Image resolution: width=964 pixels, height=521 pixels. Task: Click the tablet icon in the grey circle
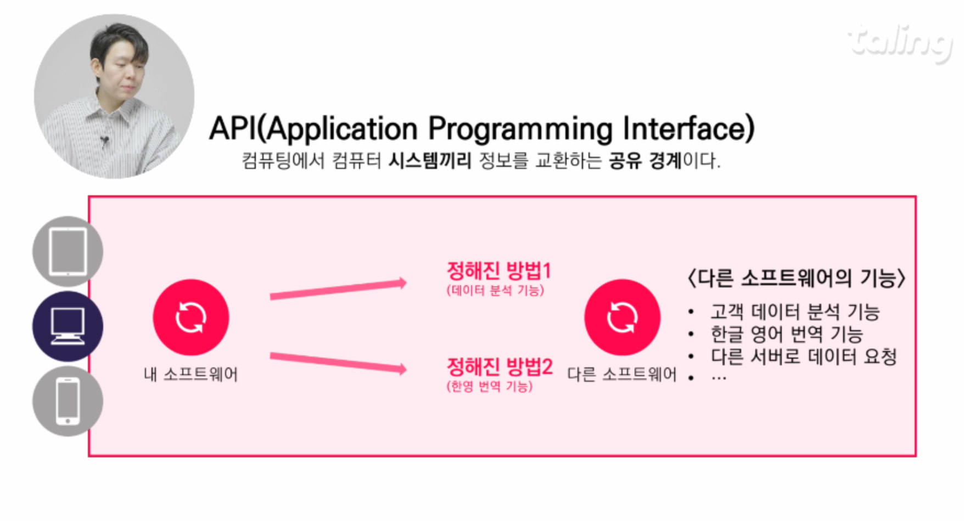[68, 252]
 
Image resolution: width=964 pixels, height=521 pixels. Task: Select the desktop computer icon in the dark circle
[68, 326]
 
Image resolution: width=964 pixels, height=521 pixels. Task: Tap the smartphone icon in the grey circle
[68, 401]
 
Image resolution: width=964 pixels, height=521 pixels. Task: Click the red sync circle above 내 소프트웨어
[190, 318]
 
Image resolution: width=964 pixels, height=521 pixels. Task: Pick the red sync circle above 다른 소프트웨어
[622, 318]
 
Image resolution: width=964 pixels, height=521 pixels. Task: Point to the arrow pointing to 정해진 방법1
[338, 289]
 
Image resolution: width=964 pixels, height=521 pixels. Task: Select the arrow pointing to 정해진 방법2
[338, 363]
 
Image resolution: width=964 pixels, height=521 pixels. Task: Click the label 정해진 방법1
[498, 270]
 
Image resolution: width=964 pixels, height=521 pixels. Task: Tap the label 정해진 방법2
[500, 366]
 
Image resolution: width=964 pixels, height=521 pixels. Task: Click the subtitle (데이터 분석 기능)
[495, 290]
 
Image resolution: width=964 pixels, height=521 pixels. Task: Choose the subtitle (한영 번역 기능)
[489, 386]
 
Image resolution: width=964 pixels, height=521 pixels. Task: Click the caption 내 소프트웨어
[190, 374]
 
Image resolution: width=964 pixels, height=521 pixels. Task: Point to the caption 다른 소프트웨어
[621, 374]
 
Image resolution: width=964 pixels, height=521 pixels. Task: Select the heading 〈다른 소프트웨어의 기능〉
[796, 279]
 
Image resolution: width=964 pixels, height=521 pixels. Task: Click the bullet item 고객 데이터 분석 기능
[795, 312]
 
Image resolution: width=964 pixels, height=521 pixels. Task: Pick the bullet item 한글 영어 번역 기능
[787, 334]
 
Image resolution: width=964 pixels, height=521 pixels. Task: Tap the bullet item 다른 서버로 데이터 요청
[804, 356]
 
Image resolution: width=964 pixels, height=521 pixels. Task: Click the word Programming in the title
[520, 130]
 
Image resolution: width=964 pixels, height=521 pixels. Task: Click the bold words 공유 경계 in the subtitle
[645, 161]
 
